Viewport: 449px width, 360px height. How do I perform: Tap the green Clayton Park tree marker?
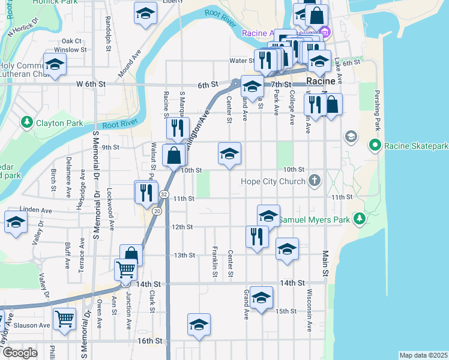pyautogui.click(x=26, y=122)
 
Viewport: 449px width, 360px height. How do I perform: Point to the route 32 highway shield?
pyautogui.click(x=163, y=194)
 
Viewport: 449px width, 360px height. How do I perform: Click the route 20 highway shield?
pyautogui.click(x=157, y=211)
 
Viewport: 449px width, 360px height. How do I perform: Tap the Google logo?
pyautogui.click(x=20, y=353)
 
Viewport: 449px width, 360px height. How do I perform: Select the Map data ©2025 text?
pyautogui.click(x=423, y=355)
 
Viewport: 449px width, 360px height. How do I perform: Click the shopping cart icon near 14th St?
pyautogui.click(x=125, y=269)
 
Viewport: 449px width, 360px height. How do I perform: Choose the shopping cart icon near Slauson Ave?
pyautogui.click(x=64, y=318)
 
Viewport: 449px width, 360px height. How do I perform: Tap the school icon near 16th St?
pyautogui.click(x=199, y=324)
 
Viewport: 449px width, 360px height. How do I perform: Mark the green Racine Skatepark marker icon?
pyautogui.click(x=375, y=145)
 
